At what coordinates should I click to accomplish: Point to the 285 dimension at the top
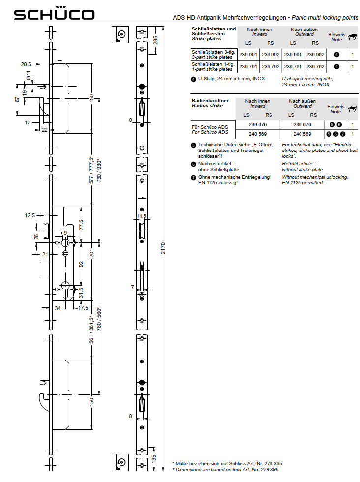point(155,40)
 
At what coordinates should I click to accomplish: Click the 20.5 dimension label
point(26,64)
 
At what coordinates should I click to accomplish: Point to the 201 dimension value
point(91,253)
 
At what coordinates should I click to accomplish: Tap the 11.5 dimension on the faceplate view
point(142,216)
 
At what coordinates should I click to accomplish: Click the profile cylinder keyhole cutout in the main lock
point(65,289)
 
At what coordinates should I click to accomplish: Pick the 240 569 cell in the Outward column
point(302,134)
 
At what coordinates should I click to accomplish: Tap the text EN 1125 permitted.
point(303,183)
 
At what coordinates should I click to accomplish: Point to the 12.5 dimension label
point(30,215)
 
